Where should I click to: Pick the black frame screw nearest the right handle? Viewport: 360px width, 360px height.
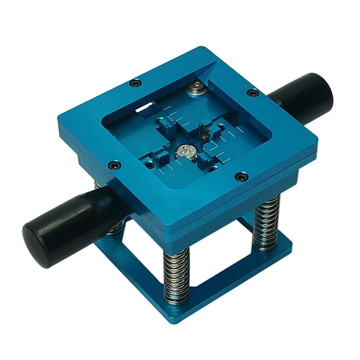coord(253,93)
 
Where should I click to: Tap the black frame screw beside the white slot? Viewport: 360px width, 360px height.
coord(135,83)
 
